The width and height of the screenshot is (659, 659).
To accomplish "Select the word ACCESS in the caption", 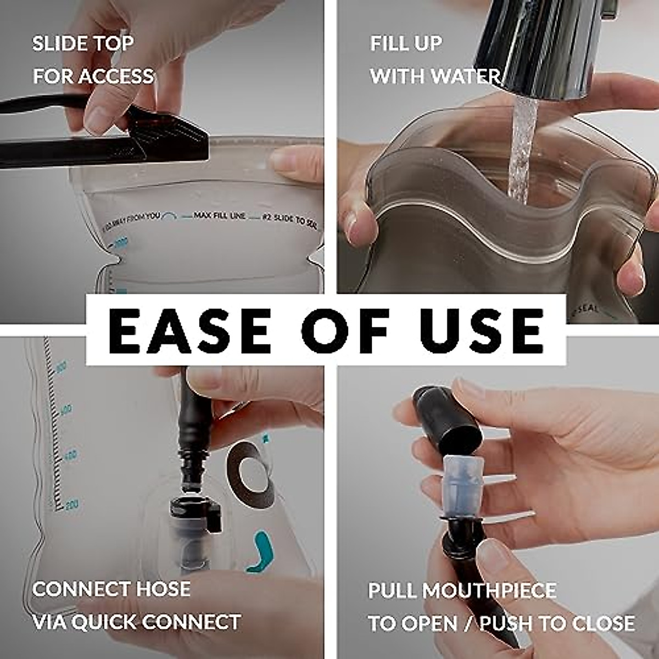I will tap(115, 76).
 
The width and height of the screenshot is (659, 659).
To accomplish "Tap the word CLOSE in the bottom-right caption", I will tap(603, 623).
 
